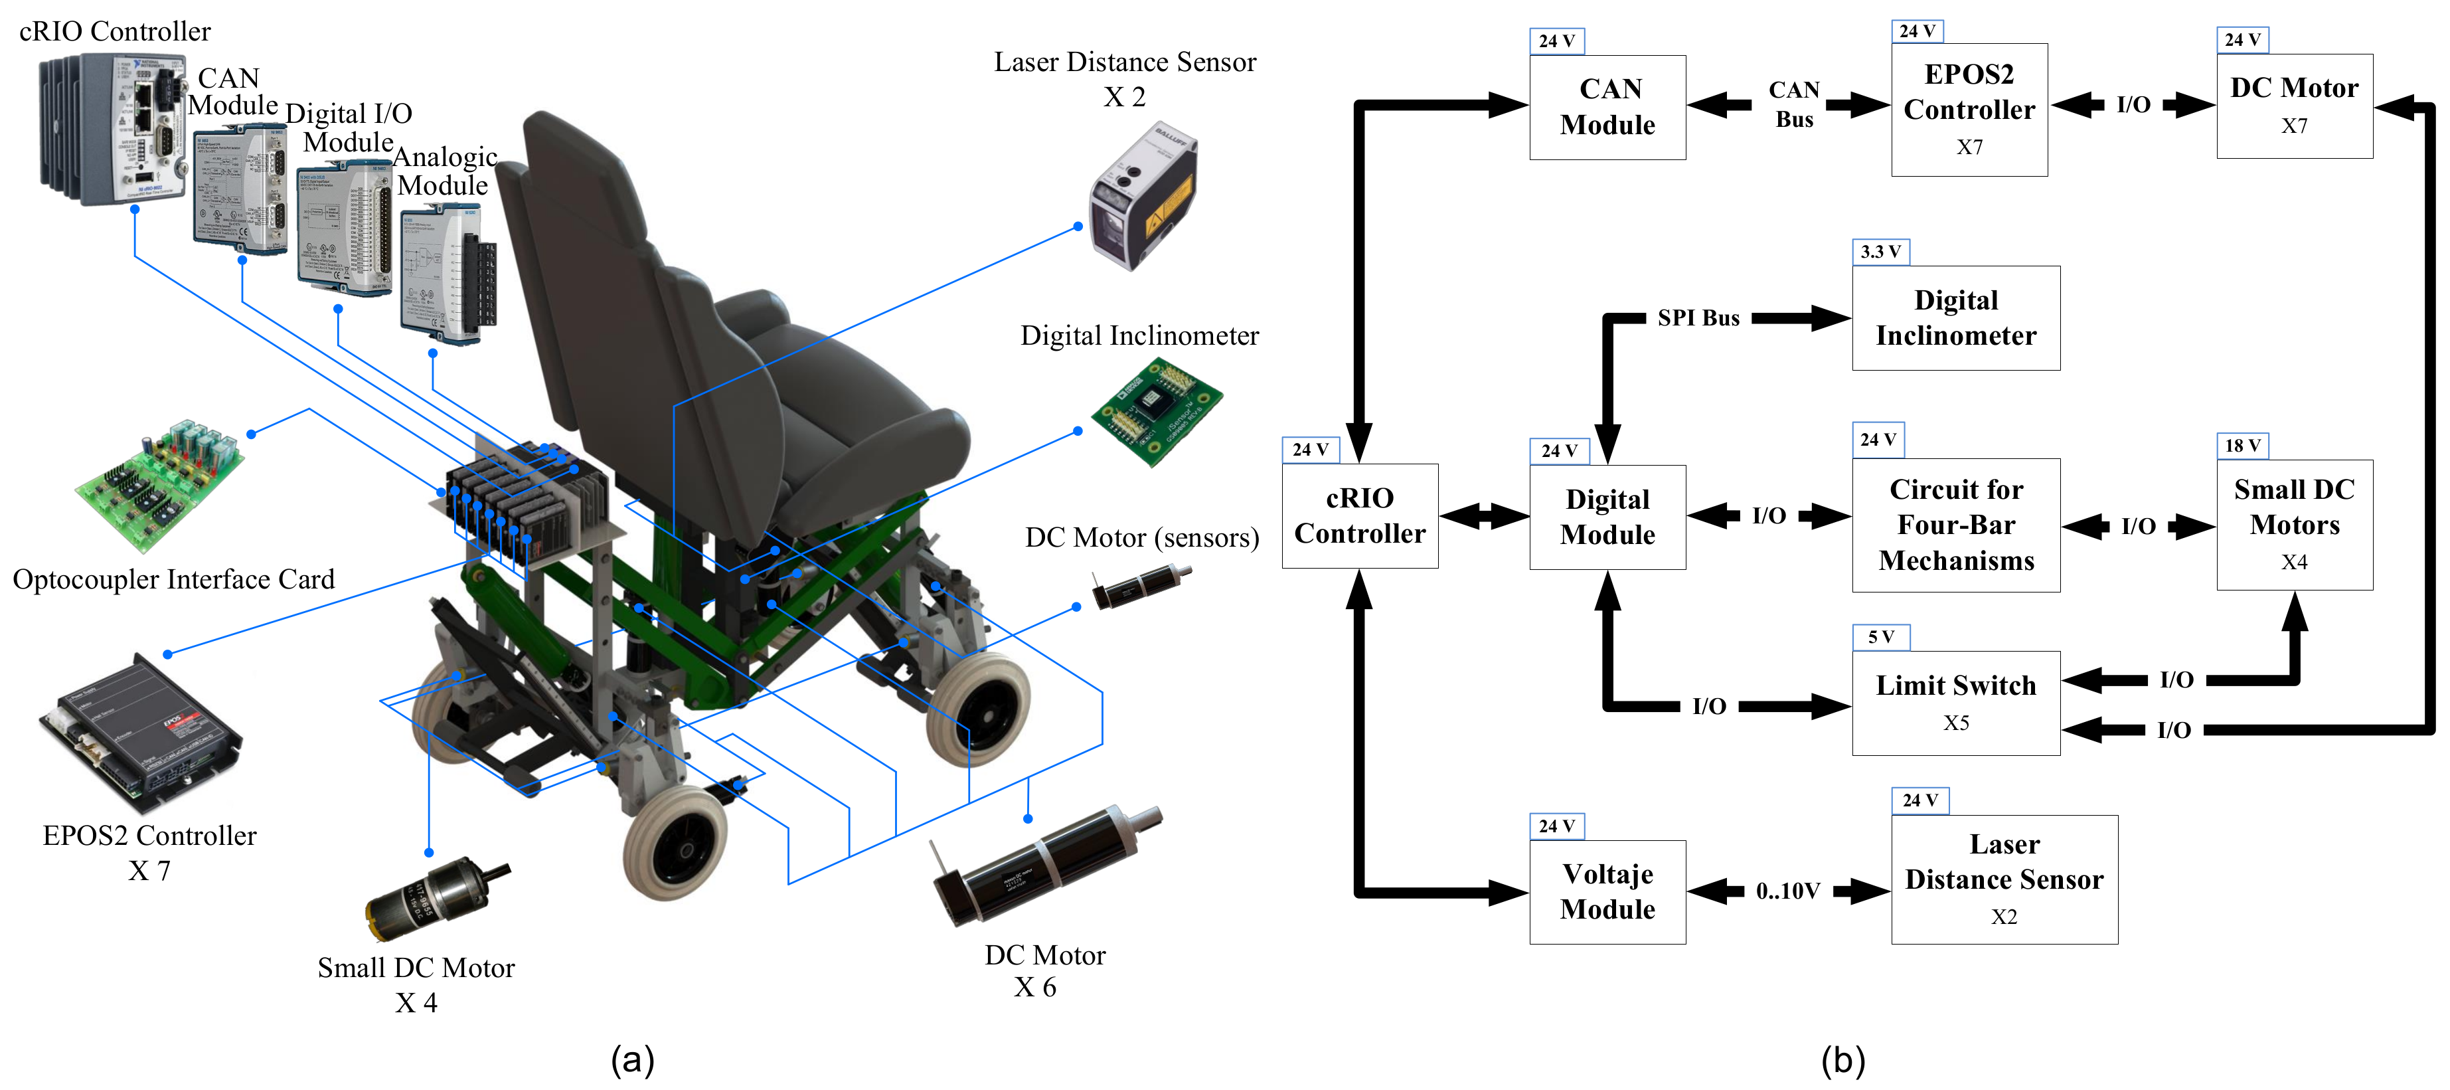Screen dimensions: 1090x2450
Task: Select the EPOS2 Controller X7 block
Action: point(1969,110)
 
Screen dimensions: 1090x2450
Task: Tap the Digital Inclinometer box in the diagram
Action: point(1955,318)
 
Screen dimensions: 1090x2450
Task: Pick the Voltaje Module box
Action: point(1607,891)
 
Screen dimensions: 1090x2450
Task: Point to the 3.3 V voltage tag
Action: point(1880,252)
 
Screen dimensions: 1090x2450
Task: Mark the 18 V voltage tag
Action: point(2242,445)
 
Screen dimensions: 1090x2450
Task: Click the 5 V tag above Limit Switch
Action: point(1880,636)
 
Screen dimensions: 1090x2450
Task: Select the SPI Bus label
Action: point(1698,318)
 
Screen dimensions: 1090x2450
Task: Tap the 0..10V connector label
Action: point(1787,891)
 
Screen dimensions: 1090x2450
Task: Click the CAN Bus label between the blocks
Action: point(1794,105)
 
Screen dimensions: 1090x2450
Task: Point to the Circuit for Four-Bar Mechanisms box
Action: point(1955,525)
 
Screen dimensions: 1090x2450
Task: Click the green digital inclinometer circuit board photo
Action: point(1155,412)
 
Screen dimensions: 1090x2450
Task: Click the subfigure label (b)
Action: point(1842,1059)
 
